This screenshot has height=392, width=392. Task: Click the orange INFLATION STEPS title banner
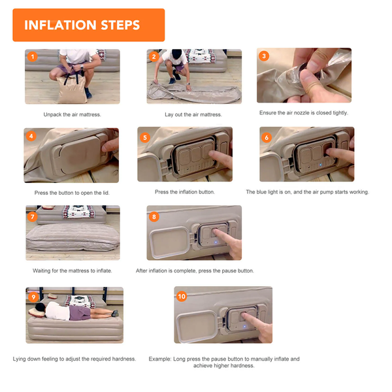click(88, 25)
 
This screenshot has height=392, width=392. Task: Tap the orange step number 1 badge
click(33, 56)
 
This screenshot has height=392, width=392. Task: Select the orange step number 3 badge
click(264, 56)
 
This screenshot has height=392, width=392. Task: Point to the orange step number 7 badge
click(33, 216)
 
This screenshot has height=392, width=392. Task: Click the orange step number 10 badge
click(182, 297)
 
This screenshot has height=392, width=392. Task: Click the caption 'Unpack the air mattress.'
click(73, 114)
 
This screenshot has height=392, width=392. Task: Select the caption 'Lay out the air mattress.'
click(193, 114)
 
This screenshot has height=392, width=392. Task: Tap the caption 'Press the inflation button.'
click(185, 192)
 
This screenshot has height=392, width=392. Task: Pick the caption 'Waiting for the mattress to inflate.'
click(73, 270)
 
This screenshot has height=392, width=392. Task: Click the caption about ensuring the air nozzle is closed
click(304, 113)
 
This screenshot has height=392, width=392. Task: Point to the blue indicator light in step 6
click(321, 165)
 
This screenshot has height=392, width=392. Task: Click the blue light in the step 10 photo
click(245, 326)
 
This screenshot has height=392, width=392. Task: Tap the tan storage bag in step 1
click(72, 90)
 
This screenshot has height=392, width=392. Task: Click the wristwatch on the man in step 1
click(82, 67)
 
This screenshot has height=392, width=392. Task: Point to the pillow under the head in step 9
click(37, 312)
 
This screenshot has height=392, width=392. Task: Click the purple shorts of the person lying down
click(80, 313)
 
